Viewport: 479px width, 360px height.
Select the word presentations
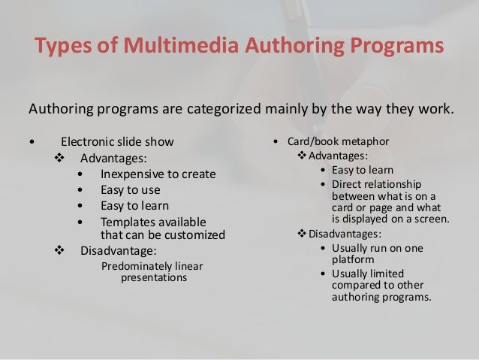coord(155,278)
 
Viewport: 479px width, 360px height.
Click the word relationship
coord(390,183)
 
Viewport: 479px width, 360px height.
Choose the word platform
coord(352,260)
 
